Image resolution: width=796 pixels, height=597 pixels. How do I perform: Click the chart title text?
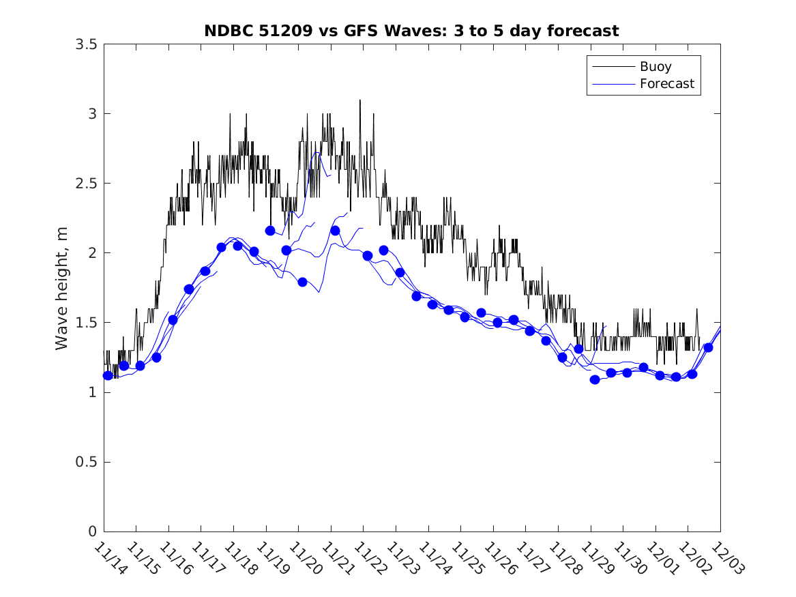point(411,31)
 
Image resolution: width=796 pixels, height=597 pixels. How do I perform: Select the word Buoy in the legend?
point(655,67)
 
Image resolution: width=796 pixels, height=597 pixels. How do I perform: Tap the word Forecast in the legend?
point(666,84)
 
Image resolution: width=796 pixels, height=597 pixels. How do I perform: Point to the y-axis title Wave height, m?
point(62,288)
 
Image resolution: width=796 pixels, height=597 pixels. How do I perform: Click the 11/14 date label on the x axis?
point(108,559)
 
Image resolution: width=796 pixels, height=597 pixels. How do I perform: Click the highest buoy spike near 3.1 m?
point(360,101)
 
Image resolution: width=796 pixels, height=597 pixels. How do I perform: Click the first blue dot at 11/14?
point(108,375)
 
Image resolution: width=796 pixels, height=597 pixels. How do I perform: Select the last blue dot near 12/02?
point(708,347)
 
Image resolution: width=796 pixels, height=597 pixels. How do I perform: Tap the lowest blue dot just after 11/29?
point(595,379)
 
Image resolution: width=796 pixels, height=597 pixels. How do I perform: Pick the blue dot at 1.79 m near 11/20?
point(302,282)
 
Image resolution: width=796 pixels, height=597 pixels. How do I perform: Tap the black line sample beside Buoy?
point(613,67)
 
